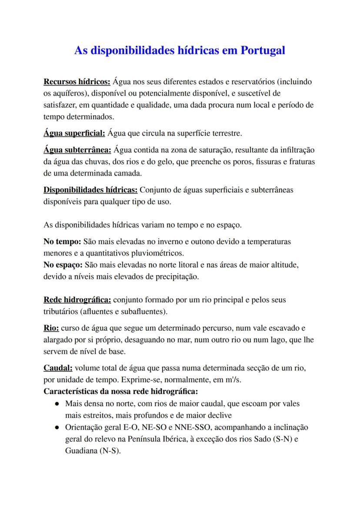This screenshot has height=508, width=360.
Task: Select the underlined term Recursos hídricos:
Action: (77, 82)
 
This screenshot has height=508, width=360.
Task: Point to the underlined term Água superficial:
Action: (75, 133)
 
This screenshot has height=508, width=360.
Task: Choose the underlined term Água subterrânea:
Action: (78, 150)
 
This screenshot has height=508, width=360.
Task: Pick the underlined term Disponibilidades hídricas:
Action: (90, 190)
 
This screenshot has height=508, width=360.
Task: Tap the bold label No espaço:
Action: (64, 265)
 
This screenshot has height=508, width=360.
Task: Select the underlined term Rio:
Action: (51, 328)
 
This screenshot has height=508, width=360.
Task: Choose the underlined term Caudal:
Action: (58, 368)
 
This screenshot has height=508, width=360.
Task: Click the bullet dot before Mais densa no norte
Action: (57, 404)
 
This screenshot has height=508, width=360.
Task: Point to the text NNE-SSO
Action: (209, 427)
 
